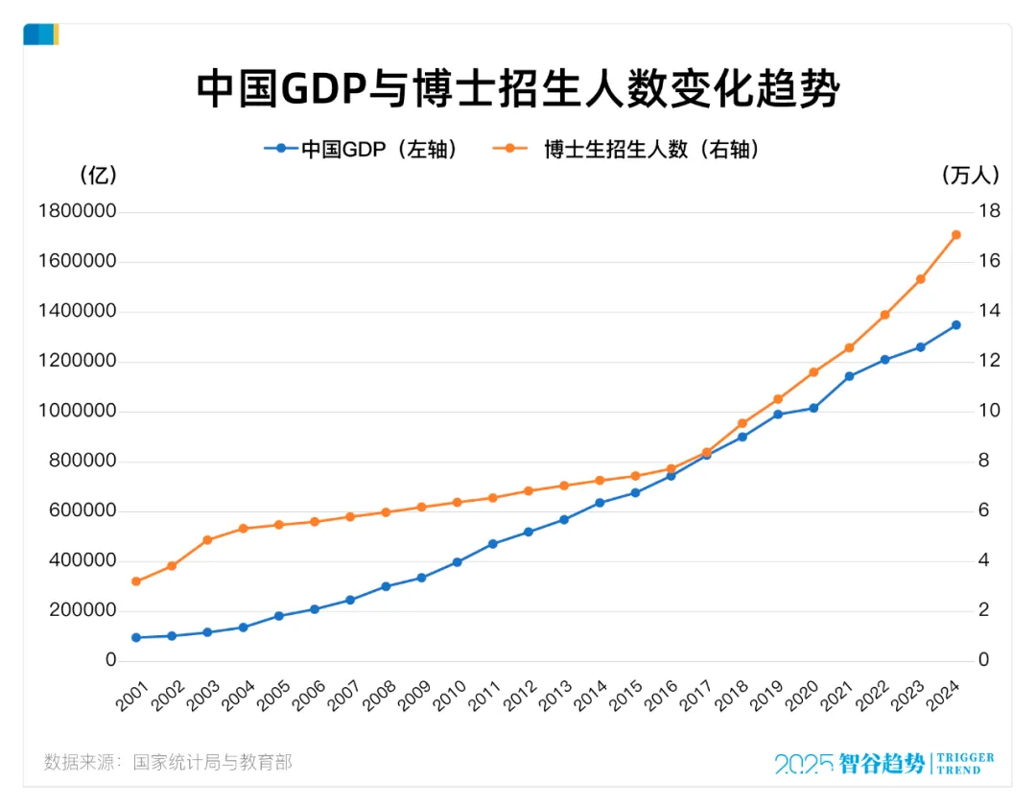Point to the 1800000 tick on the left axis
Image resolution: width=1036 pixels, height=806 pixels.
click(x=78, y=212)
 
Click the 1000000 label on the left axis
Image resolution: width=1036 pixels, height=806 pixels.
click(x=78, y=412)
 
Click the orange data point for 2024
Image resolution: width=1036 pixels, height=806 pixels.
click(x=956, y=235)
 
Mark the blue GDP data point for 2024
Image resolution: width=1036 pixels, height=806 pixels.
click(x=956, y=325)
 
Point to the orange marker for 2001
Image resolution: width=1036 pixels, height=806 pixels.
click(x=136, y=581)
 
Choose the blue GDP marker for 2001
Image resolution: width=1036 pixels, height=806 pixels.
click(x=136, y=637)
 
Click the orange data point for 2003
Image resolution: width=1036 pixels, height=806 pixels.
click(x=207, y=540)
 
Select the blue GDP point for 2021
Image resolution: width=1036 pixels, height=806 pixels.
click(x=849, y=376)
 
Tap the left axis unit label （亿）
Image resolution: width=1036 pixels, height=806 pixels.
click(x=98, y=176)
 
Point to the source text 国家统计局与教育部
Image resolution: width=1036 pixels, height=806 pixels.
click(x=212, y=763)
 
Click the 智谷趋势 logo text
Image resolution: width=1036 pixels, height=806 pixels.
click(x=883, y=764)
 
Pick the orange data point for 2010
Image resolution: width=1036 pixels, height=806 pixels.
click(x=457, y=502)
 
